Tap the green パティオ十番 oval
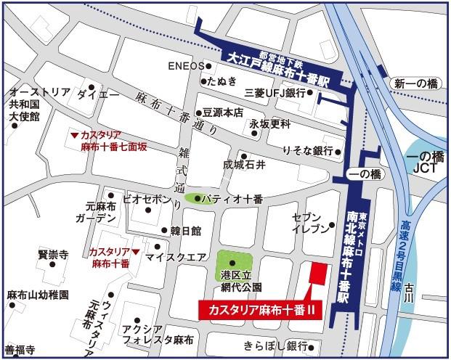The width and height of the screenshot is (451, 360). (199, 198)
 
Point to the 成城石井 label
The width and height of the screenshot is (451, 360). (244, 166)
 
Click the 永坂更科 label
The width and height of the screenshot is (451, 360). (269, 124)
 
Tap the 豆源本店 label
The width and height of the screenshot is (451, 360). (222, 113)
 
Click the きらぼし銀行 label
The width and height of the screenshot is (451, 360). (275, 345)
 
